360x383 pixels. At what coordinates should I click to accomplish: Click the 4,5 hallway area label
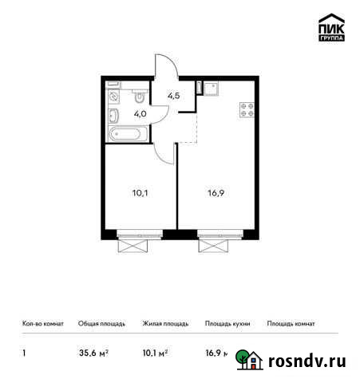coord(172,97)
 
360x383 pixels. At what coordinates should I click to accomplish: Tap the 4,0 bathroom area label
coord(140,113)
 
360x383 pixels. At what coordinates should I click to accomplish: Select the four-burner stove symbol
coord(247,113)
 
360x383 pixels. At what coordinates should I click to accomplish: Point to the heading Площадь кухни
coord(227,324)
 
